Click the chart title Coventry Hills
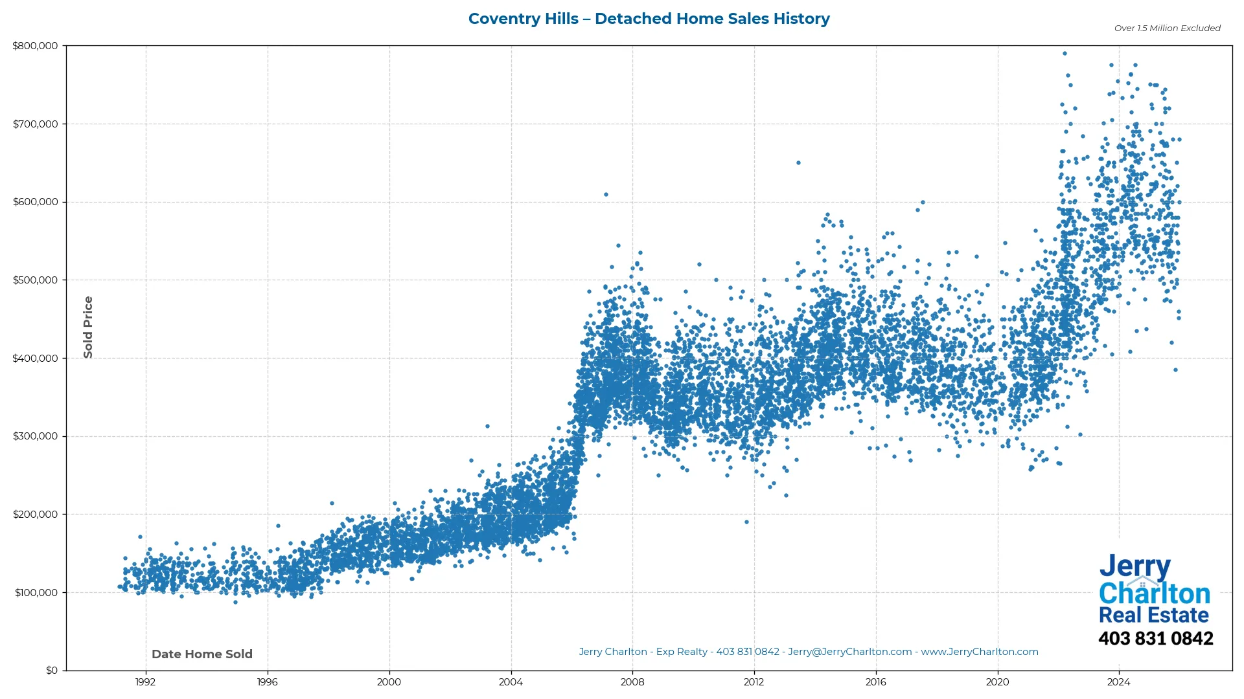(649, 19)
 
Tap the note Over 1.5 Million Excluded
(1167, 28)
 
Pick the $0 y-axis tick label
(52, 671)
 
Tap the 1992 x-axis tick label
(145, 682)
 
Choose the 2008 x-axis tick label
(632, 682)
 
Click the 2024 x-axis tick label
(1118, 682)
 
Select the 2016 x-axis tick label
(875, 682)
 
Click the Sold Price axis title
(88, 327)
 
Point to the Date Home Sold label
(202, 654)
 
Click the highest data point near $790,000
(1065, 54)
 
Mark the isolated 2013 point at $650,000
(798, 163)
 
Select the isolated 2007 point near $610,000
(606, 195)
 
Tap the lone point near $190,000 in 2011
(746, 522)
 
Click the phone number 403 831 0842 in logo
(1155, 639)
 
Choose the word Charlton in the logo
(1154, 594)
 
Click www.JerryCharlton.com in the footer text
(980, 652)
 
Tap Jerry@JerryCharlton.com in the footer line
(849, 652)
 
